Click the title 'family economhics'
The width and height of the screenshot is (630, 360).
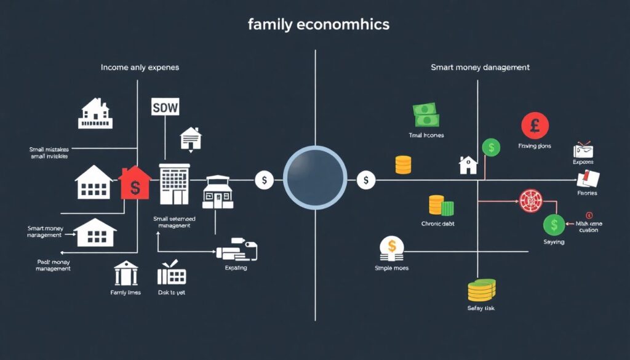[x=319, y=25]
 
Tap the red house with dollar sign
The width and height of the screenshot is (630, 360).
[x=134, y=182]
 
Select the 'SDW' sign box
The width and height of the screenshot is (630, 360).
[x=165, y=107]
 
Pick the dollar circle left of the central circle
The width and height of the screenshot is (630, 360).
[x=265, y=180]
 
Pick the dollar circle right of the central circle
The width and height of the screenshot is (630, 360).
[x=365, y=180]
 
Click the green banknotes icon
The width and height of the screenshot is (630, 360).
[x=425, y=115]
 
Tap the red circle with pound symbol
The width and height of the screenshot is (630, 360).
[x=535, y=126]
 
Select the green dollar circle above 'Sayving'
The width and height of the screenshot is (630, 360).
[x=554, y=225]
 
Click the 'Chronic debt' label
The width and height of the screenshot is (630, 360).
[x=439, y=223]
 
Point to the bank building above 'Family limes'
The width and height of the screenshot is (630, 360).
[x=126, y=273]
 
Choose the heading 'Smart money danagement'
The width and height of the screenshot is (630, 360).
[x=480, y=67]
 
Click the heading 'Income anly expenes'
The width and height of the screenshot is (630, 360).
[x=140, y=67]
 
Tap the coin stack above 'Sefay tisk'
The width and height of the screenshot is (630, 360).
[x=481, y=289]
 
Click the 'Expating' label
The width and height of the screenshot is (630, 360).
[x=236, y=268]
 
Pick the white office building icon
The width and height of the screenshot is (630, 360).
[x=173, y=183]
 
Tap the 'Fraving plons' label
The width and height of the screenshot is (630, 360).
[x=535, y=146]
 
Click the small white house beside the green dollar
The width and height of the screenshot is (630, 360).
[x=468, y=165]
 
